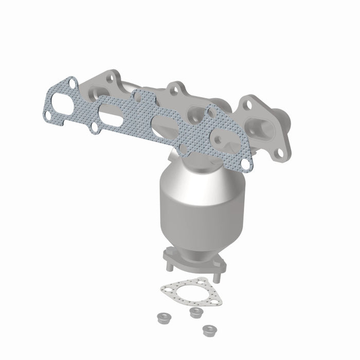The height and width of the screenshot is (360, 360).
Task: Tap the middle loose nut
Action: point(194,312)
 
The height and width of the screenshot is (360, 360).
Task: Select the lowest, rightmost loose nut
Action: point(208,329)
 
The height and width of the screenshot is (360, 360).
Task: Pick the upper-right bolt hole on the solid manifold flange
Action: point(248,105)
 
